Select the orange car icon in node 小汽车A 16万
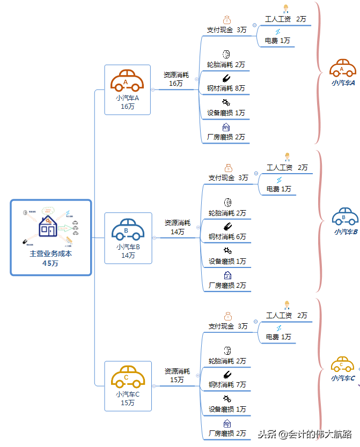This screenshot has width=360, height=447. [127, 81]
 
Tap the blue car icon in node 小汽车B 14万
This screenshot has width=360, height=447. [128, 230]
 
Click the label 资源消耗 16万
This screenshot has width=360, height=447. [176, 79]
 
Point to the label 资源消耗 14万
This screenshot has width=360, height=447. [177, 227]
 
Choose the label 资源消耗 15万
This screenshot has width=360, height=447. [177, 375]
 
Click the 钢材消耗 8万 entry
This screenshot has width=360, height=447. [226, 88]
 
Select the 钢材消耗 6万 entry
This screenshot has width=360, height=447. [227, 237]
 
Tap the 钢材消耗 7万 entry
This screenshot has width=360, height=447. [227, 385]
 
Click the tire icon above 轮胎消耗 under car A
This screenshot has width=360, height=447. [226, 54]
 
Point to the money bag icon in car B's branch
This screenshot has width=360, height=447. [228, 168]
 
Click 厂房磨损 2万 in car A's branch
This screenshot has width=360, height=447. [226, 137]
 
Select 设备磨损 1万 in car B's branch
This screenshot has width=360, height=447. [227, 262]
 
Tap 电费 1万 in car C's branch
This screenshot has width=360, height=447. [278, 337]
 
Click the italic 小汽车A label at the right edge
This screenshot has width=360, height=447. [343, 83]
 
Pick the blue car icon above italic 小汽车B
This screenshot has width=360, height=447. [345, 217]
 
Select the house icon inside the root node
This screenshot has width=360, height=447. [48, 227]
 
